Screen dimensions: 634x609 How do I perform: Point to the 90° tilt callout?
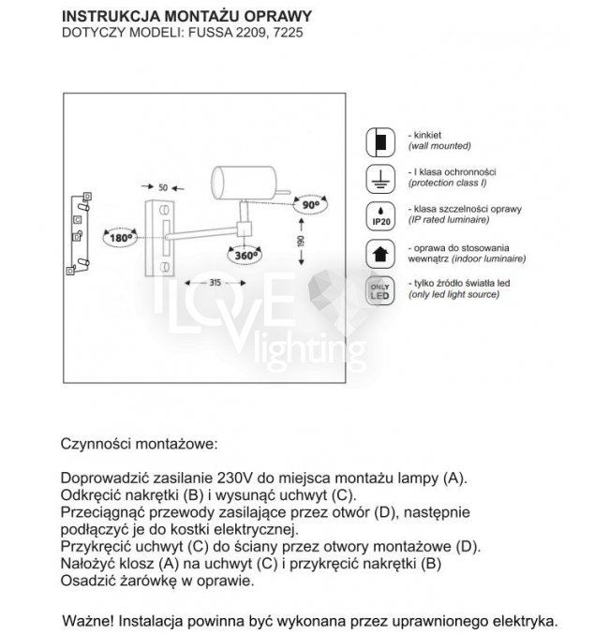click(x=310, y=203)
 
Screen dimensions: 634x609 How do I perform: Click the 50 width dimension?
click(x=163, y=187)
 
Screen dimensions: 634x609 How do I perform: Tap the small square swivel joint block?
click(x=245, y=228)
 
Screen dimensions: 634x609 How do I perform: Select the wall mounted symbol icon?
click(x=379, y=141)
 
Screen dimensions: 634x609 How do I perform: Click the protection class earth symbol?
click(x=379, y=177)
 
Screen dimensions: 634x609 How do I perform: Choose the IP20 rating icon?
click(x=379, y=214)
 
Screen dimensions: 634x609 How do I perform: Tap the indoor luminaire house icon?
click(x=379, y=251)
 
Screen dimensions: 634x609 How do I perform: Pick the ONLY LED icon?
click(x=379, y=288)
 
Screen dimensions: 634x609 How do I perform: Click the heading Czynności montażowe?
click(x=139, y=441)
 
